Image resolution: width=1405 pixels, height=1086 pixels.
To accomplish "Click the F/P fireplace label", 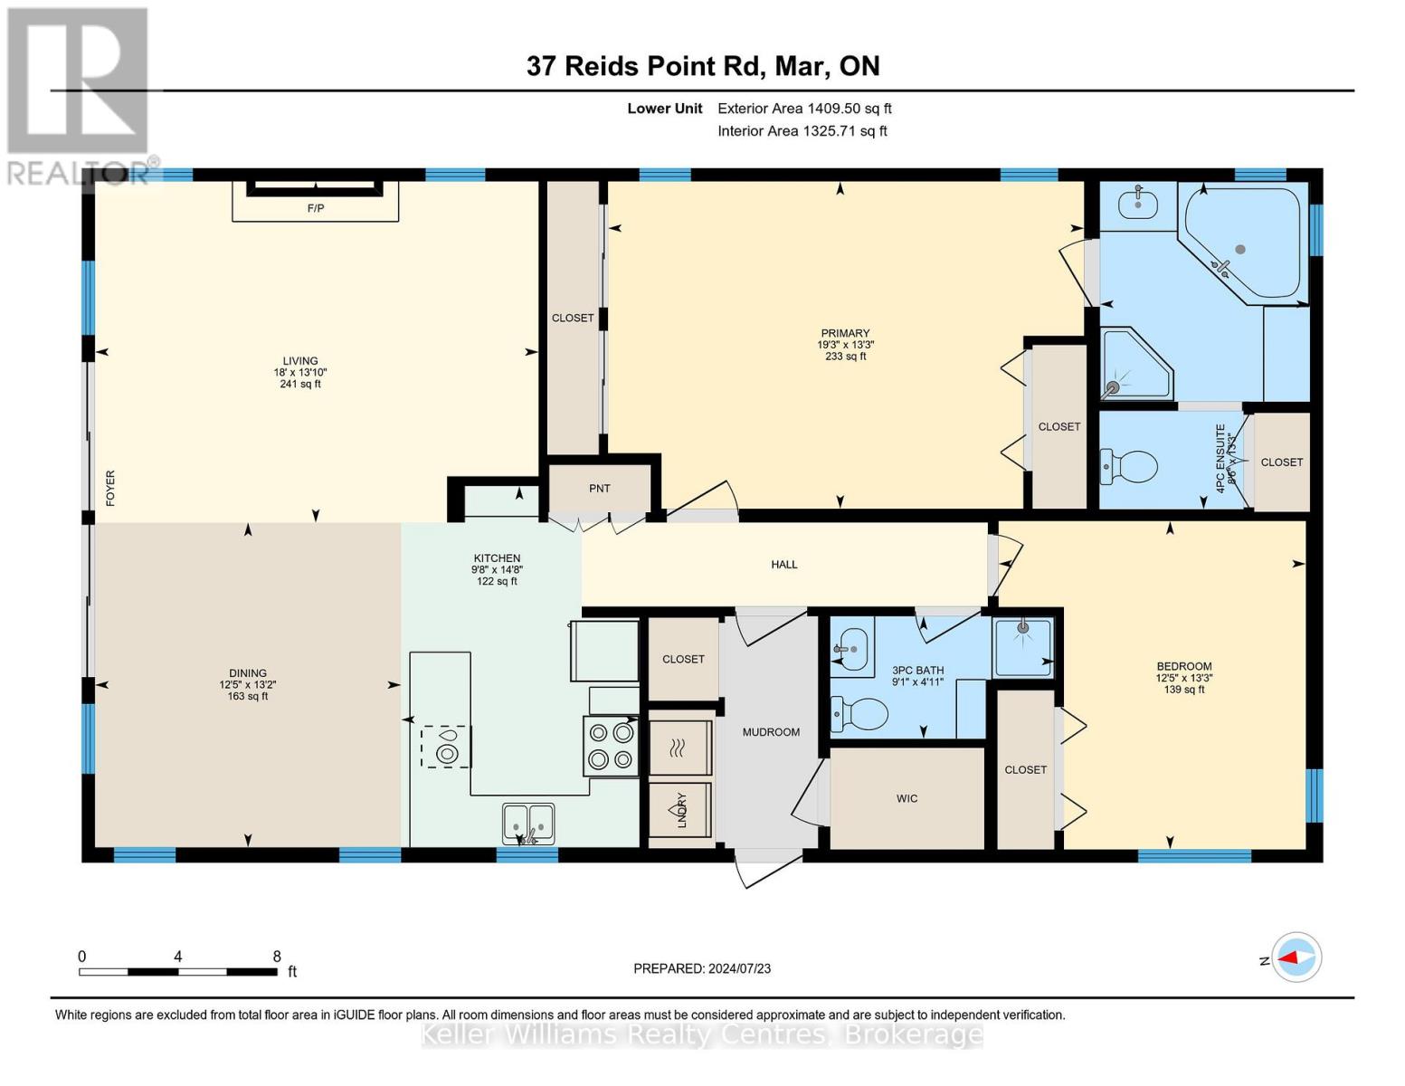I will [x=316, y=208].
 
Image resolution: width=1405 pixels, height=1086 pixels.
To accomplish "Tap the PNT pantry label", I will [x=600, y=489].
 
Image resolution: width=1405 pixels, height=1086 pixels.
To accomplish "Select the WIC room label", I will [x=907, y=798].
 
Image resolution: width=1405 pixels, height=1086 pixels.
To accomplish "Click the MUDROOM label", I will [x=771, y=732].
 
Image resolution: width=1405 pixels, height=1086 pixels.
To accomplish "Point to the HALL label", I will [x=784, y=565].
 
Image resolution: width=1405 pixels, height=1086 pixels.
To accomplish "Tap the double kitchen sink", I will [x=528, y=823].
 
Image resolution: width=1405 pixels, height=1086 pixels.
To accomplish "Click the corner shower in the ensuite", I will [x=1134, y=366].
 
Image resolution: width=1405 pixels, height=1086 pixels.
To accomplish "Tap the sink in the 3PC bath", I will [x=850, y=648].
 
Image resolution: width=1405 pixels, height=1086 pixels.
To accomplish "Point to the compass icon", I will [x=1296, y=957].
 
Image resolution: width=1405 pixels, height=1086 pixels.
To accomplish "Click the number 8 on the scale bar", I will [x=277, y=957].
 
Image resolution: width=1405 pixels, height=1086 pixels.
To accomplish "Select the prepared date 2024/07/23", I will [x=739, y=968].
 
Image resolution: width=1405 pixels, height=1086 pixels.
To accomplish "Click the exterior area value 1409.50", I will [x=833, y=109].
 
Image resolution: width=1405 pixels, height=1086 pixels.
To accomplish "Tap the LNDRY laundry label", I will [x=681, y=810].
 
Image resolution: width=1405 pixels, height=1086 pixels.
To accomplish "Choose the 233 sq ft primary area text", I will [x=845, y=357].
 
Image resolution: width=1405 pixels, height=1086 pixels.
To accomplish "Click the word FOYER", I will [x=111, y=488].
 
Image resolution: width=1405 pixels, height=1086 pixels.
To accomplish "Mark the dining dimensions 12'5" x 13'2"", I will [x=248, y=685].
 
